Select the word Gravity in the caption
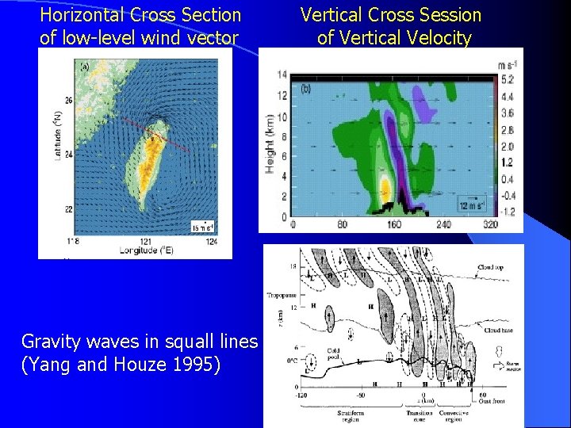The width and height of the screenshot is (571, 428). [x=51, y=342]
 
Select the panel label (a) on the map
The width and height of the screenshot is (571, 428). [x=84, y=67]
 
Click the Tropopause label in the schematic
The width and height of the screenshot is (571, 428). [x=284, y=296]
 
